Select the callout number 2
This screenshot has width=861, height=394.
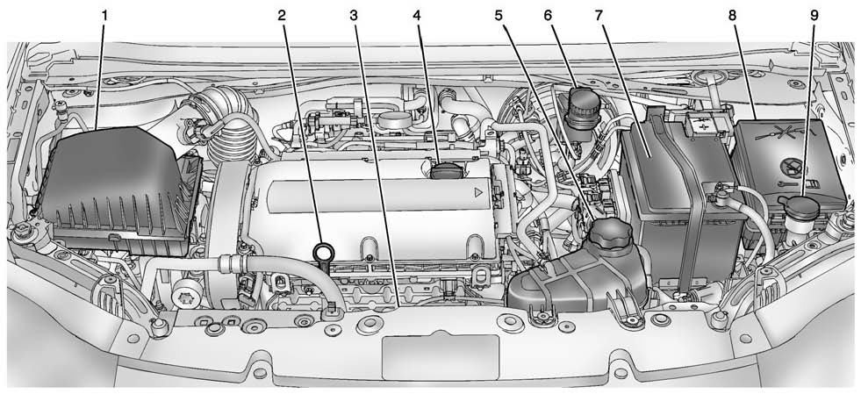283,15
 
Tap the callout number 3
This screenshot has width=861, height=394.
353,15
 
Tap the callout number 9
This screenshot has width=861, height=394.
814,15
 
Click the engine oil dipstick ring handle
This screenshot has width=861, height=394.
323,254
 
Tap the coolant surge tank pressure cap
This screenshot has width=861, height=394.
611,233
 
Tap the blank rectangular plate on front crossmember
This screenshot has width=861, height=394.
440,355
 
